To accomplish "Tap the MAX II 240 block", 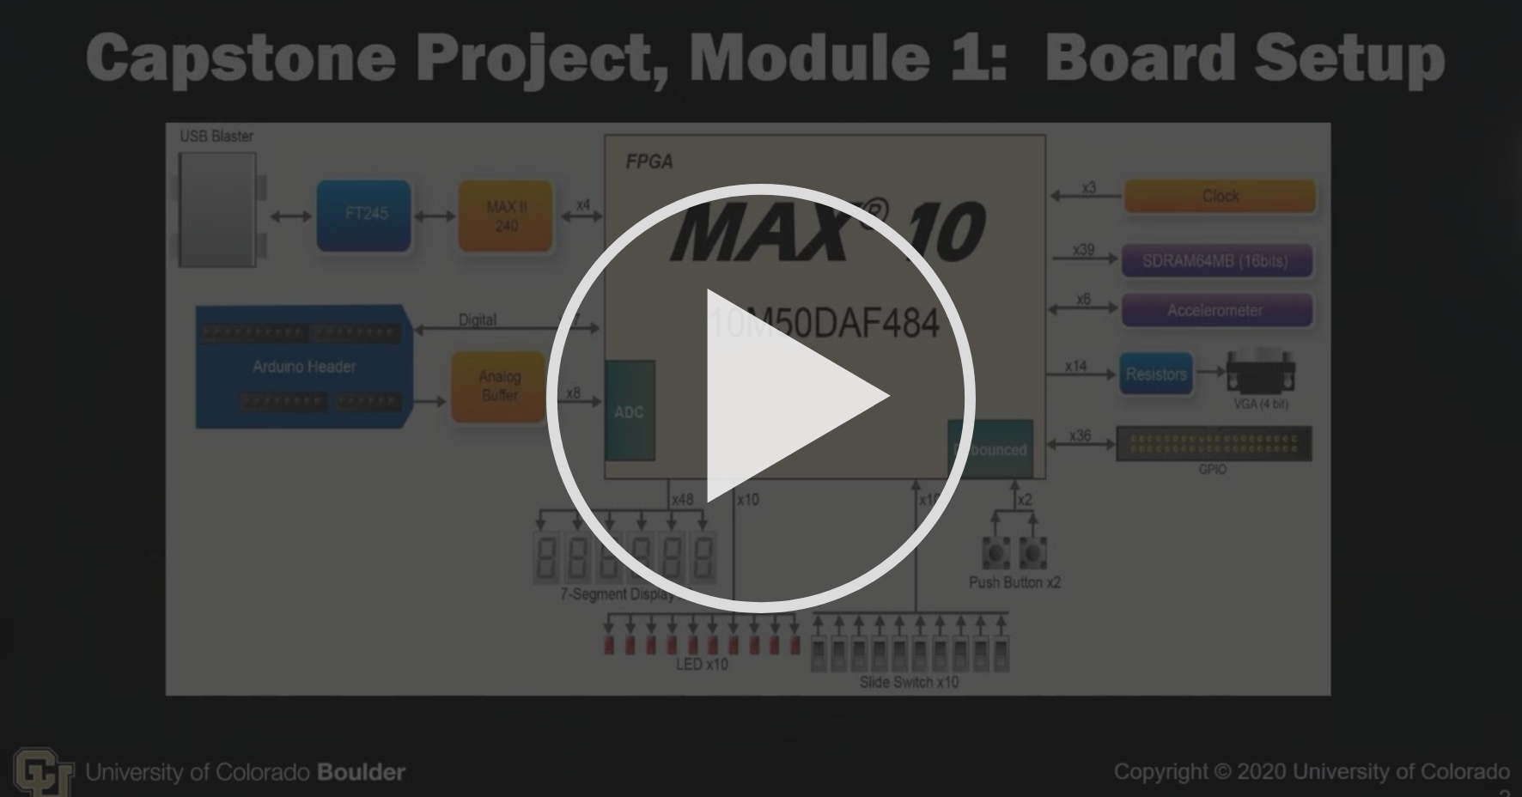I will (x=506, y=216).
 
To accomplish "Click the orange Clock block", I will (x=1220, y=196).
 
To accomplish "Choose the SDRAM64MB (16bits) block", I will (x=1215, y=261).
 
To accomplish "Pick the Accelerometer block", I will (x=1215, y=310).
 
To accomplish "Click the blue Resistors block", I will (x=1156, y=374).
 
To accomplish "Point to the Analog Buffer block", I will (x=499, y=386).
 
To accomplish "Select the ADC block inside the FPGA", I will (x=629, y=411).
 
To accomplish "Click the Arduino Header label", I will (x=304, y=367).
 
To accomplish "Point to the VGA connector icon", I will (x=1261, y=373).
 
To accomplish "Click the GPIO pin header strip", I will (x=1213, y=444).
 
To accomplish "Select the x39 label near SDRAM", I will (x=1084, y=250).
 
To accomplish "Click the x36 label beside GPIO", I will (x=1080, y=436).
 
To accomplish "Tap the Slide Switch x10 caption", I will (x=909, y=682).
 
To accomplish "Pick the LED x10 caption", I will (x=702, y=664).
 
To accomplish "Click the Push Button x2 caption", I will (x=1014, y=582).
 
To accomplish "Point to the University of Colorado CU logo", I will (x=40, y=771).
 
